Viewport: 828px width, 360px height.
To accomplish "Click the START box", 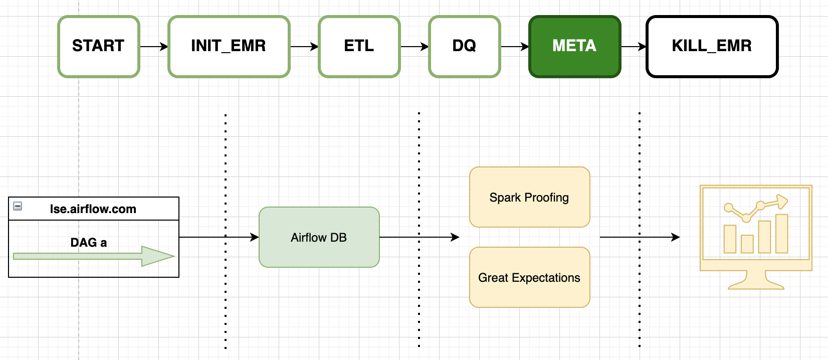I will pos(99,46).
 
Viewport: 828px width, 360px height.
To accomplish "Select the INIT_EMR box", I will pos(229,46).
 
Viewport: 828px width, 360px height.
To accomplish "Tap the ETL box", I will pos(359,46).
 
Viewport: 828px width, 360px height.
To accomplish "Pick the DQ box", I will pos(464,46).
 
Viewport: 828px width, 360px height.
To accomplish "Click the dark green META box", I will pos(574,46).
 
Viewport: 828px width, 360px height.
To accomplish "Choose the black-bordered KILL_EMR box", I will pos(712,46).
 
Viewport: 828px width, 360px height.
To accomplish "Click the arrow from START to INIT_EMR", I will pos(154,47).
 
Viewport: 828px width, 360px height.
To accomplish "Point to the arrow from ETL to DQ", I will pos(415,47).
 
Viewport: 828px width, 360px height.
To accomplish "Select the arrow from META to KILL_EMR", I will pos(634,47).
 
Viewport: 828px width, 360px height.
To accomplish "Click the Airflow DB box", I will pos(319,237).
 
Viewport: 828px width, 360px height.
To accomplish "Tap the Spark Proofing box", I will pos(529,197).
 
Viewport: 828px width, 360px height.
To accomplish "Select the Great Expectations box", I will pos(529,277).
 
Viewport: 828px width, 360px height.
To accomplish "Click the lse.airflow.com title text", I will pos(93,209).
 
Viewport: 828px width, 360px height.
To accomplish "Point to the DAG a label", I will pos(89,243).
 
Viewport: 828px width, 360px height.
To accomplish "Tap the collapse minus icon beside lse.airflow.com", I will pos(18,206).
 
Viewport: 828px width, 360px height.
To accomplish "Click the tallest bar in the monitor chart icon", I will pos(781,234).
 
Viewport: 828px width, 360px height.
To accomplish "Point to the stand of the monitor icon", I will pos(756,281).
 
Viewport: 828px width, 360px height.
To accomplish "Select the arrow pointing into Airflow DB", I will pos(219,237).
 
